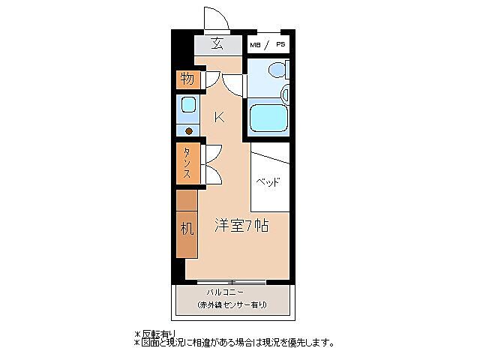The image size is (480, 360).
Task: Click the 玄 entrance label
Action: click(217, 43)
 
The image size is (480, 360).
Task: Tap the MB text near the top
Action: click(256, 45)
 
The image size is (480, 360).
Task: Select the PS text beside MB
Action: click(280, 45)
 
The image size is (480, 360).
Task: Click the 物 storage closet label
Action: click(187, 78)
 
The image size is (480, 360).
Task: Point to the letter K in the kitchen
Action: click(219, 116)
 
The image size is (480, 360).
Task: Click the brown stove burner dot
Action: click(189, 130)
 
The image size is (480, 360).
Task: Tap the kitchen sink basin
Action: click(188, 105)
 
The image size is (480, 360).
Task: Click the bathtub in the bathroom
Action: click(267, 117)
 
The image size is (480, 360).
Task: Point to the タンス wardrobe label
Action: click(187, 163)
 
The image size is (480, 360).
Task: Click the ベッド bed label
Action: click(268, 182)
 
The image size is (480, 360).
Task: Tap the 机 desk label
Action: click(187, 228)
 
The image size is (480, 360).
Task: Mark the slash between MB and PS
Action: click(267, 45)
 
